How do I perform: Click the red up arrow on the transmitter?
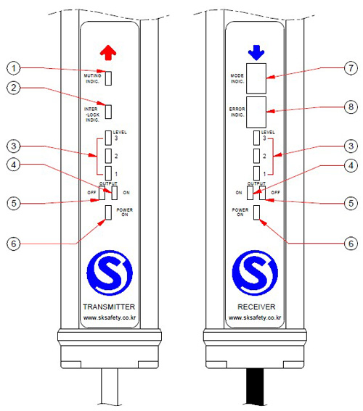108,52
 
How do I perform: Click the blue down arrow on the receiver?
256,53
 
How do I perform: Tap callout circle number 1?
13,68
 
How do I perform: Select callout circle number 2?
13,88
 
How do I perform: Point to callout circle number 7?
351,68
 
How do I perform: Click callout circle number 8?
351,107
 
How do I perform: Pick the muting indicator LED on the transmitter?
108,78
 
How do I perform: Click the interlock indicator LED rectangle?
108,112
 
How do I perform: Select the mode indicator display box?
256,78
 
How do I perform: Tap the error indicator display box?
256,112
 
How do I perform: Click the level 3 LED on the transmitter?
108,138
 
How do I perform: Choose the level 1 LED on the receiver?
257,173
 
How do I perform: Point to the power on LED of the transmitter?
108,212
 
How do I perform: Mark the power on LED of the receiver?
257,212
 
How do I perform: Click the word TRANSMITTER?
109,307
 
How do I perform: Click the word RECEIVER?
256,307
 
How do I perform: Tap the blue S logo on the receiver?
255,273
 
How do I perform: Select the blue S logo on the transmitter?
110,273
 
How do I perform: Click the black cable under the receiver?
255,386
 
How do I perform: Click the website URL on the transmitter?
110,317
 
